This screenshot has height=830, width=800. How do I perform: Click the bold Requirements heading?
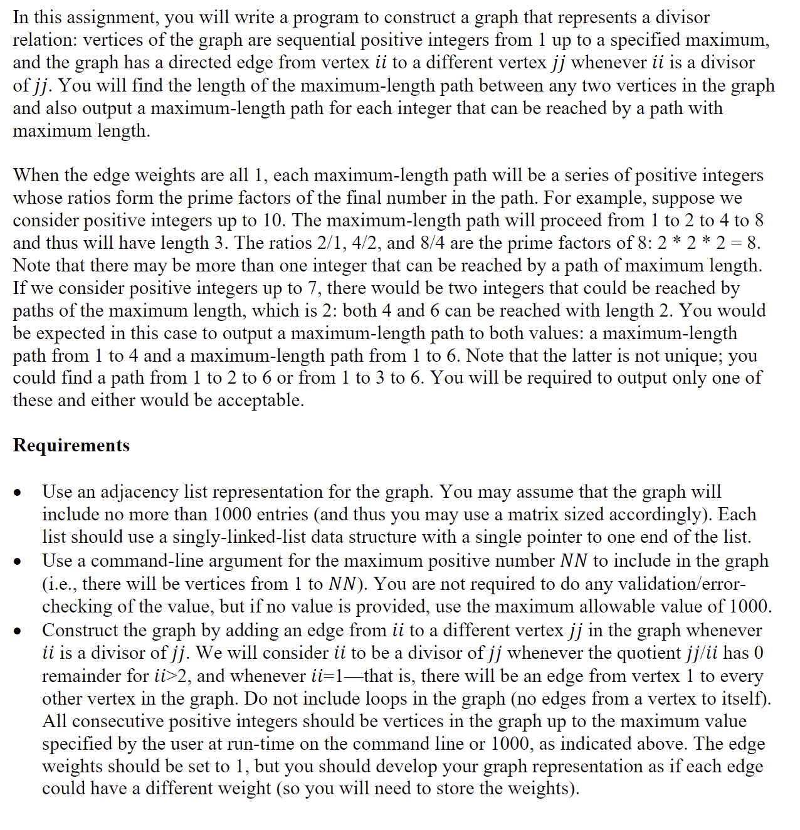[x=71, y=445]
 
